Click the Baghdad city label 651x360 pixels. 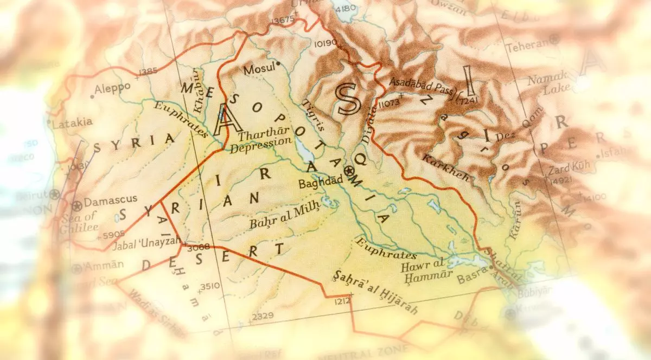pyautogui.click(x=320, y=183)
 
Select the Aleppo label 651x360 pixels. pyautogui.click(x=112, y=88)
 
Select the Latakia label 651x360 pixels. pyautogui.click(x=73, y=123)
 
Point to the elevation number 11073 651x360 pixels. pyautogui.click(x=390, y=102)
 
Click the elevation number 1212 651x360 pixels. pyautogui.click(x=342, y=300)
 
